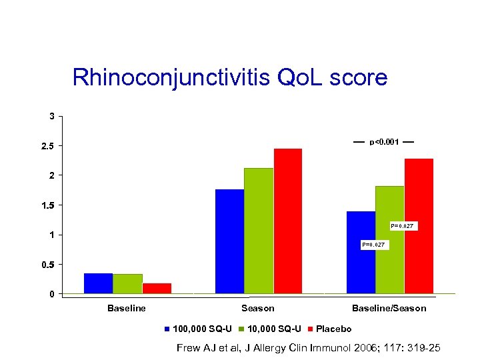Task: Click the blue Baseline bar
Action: coord(98,283)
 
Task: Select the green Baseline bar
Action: coord(127,284)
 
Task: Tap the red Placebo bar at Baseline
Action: coord(157,288)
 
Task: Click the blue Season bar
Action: coord(229,241)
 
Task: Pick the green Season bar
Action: coord(259,231)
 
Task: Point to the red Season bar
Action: coord(288,221)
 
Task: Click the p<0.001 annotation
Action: coord(384,142)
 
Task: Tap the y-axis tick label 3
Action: coord(52,116)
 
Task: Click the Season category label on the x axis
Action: coord(258,308)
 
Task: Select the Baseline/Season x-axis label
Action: coord(389,308)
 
